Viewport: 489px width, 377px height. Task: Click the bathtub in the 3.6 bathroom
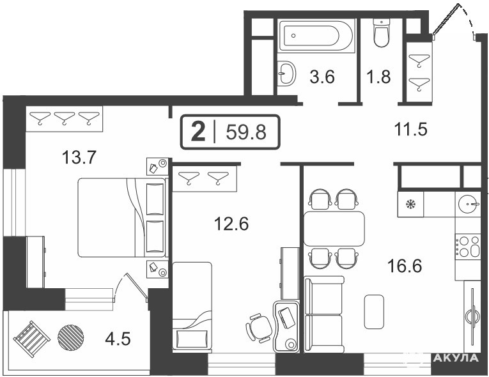tap(316, 36)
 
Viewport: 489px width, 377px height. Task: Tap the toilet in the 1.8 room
tap(382, 33)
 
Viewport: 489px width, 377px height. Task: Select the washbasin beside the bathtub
tap(286, 73)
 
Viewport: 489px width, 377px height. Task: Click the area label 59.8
tap(246, 132)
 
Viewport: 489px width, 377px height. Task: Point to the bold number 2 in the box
tap(198, 132)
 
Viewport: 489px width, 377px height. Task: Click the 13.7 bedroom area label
tap(79, 157)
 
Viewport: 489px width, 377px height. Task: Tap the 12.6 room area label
tap(231, 224)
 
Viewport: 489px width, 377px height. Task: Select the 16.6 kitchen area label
tap(405, 266)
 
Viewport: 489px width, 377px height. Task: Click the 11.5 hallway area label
tap(410, 129)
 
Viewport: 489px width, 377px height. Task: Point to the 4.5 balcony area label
tap(118, 339)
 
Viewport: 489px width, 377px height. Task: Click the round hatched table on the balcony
tap(71, 337)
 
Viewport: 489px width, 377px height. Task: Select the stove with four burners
tap(467, 247)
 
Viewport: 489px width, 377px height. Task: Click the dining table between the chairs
tap(334, 229)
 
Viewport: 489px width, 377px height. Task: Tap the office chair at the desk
tap(259, 327)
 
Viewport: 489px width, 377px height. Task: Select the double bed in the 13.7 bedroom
tap(121, 217)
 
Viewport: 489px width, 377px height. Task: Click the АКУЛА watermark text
tap(456, 358)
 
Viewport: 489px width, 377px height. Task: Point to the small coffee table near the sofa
tap(374, 312)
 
